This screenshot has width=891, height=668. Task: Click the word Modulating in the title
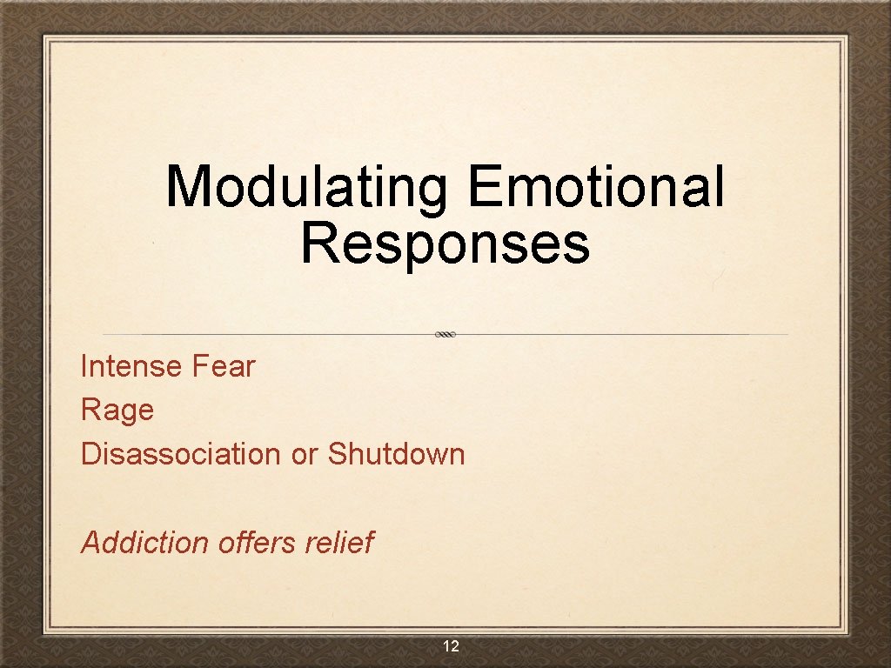(307, 186)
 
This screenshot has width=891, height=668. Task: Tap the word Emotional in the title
(595, 186)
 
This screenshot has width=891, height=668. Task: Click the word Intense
(131, 366)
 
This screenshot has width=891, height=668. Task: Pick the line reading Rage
(117, 411)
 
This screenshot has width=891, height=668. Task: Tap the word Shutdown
(396, 453)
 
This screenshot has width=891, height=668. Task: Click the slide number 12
(451, 646)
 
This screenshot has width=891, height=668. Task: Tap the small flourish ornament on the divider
(445, 334)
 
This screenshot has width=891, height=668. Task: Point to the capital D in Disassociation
(90, 453)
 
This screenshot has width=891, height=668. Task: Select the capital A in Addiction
(91, 542)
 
